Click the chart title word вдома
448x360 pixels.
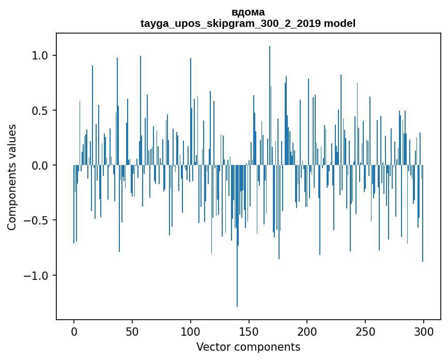click(248, 12)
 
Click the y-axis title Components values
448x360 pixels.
click(12, 177)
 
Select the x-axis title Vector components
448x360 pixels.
click(248, 347)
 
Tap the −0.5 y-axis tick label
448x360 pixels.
click(37, 221)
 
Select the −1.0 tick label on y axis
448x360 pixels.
click(37, 276)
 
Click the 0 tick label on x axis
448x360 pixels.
click(74, 332)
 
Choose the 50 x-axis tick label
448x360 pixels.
click(132, 332)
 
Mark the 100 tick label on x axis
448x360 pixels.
click(191, 332)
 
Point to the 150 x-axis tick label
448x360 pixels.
click(249, 332)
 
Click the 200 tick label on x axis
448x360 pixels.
click(307, 332)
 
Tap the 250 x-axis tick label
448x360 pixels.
click(366, 332)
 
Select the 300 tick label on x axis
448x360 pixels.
click(424, 332)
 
